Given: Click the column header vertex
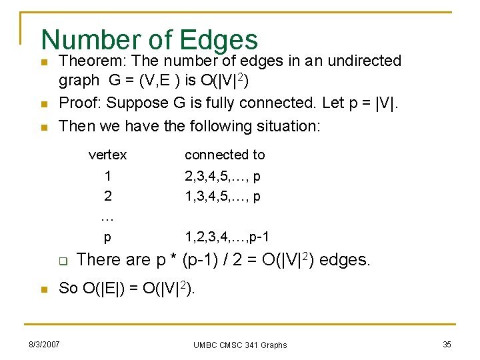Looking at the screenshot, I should [107, 155].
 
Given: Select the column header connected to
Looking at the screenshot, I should [225, 155].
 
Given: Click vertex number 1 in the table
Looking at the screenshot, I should [107, 176].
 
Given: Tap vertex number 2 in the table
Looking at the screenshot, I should [107, 197].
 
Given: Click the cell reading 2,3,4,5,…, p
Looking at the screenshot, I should [223, 176].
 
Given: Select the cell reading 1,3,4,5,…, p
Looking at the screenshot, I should [223, 197].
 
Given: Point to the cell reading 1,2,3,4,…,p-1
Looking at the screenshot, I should [227, 237].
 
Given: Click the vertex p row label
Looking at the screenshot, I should [107, 237].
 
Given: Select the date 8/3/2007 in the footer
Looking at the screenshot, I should [44, 344].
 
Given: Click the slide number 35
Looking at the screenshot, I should [446, 344].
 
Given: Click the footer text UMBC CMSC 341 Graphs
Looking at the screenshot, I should [240, 345].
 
